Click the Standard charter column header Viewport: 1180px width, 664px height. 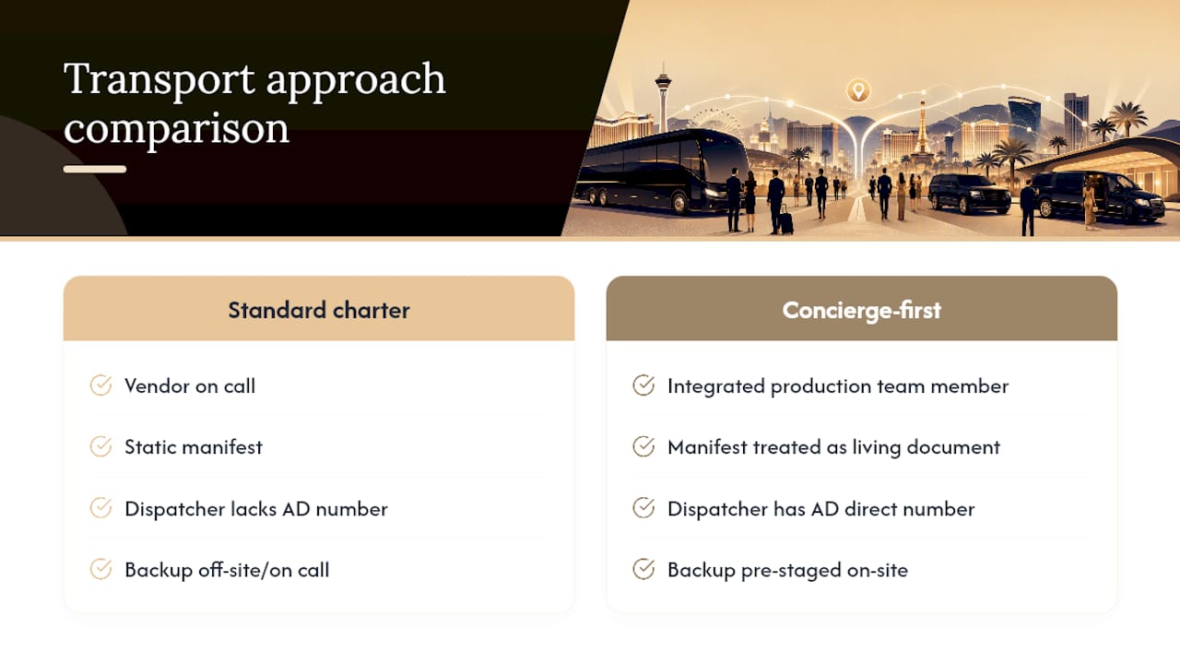point(319,310)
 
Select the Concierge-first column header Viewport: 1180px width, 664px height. point(861,310)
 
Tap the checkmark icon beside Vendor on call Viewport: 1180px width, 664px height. point(100,385)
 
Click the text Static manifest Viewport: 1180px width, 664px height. point(194,447)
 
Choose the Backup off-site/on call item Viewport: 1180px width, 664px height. point(227,570)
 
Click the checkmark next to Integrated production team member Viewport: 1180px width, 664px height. point(643,385)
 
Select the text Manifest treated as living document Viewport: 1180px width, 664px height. point(833,447)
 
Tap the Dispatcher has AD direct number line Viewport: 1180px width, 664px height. point(820,510)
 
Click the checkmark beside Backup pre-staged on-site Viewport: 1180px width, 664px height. point(643,569)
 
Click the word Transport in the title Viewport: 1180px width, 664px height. point(159,79)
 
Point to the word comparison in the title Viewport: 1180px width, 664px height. point(176,129)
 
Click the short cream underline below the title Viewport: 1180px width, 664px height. point(95,169)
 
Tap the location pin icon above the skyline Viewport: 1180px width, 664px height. point(858,90)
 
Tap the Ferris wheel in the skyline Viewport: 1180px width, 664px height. point(715,124)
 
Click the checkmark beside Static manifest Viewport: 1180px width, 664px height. point(100,446)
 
